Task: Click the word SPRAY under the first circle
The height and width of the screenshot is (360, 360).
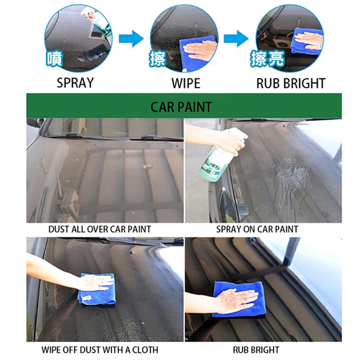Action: pyautogui.click(x=75, y=83)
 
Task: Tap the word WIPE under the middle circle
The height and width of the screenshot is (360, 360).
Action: pyautogui.click(x=185, y=83)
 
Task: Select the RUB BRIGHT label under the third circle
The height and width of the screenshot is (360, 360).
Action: pyautogui.click(x=291, y=83)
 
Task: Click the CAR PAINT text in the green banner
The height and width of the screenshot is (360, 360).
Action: pyautogui.click(x=181, y=107)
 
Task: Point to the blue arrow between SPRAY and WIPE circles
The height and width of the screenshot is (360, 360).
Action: pyautogui.click(x=131, y=39)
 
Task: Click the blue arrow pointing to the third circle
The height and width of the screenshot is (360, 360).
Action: pyautogui.click(x=236, y=39)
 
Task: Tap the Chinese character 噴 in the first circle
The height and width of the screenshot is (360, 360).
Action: pyautogui.click(x=55, y=59)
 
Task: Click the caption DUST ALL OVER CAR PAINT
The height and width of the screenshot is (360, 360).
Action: pyautogui.click(x=100, y=229)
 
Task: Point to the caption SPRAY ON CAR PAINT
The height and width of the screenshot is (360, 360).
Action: pyautogui.click(x=257, y=229)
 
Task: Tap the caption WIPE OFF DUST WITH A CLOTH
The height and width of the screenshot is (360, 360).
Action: pyautogui.click(x=100, y=349)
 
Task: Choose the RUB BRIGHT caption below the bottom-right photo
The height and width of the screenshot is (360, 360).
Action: pyautogui.click(x=256, y=349)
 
